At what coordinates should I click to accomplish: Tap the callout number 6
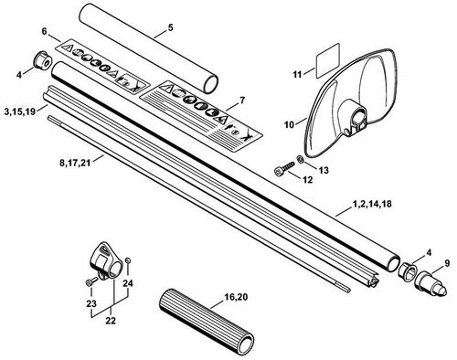pos(44,32)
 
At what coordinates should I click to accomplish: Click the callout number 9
pos(447,263)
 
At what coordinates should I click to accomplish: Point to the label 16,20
pos(236,297)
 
